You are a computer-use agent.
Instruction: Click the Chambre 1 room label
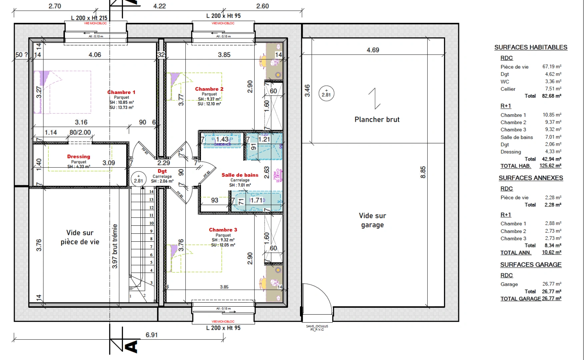pyautogui.click(x=121, y=92)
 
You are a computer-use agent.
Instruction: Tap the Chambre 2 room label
pyautogui.click(x=209, y=89)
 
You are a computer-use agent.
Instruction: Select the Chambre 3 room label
pyautogui.click(x=223, y=230)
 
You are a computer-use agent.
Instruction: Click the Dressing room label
pyautogui.click(x=79, y=156)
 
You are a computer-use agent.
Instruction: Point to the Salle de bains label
pyautogui.click(x=240, y=175)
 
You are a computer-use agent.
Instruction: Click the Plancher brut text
pyautogui.click(x=377, y=120)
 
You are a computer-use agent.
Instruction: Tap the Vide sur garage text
pyautogui.click(x=372, y=220)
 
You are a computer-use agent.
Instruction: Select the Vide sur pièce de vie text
pyautogui.click(x=80, y=237)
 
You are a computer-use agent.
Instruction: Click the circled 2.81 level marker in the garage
pyautogui.click(x=326, y=93)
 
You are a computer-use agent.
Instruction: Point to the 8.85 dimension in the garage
pyautogui.click(x=423, y=172)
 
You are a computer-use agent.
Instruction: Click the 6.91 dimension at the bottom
pyautogui.click(x=151, y=335)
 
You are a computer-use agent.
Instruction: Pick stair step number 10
pyautogui.click(x=151, y=223)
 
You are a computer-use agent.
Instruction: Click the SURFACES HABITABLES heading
pyautogui.click(x=530, y=47)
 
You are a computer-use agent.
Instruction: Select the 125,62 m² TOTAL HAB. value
pyautogui.click(x=550, y=166)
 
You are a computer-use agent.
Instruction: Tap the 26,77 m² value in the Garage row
pyautogui.click(x=552, y=284)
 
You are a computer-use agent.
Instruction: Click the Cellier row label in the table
pyautogui.click(x=508, y=89)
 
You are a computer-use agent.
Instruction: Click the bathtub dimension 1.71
pyautogui.click(x=256, y=200)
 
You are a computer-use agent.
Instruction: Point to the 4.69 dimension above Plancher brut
pyautogui.click(x=373, y=50)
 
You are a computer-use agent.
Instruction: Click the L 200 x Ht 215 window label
pyautogui.click(x=89, y=18)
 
